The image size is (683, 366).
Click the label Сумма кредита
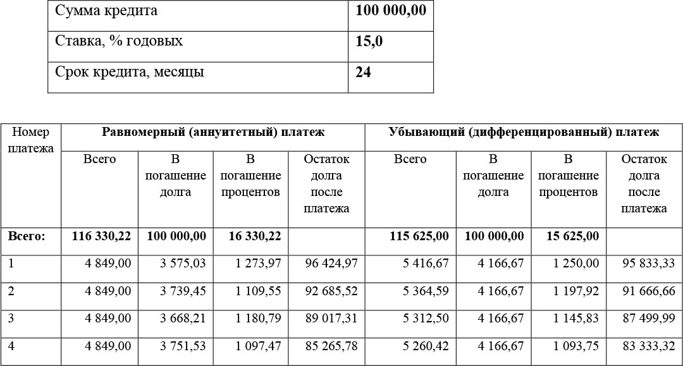click(106, 11)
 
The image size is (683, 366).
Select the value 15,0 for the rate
click(369, 42)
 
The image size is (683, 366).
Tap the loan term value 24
click(363, 72)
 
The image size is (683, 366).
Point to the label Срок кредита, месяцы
click(130, 72)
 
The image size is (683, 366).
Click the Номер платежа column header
click(31, 140)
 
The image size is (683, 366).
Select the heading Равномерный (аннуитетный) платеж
click(213, 132)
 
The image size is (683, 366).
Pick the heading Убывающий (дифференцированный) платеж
click(524, 132)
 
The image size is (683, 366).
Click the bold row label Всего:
click(27, 236)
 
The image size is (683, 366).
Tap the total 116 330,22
click(101, 236)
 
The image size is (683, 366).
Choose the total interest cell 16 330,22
click(252, 236)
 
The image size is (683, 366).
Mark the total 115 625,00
click(419, 236)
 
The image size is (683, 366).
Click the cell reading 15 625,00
click(569, 236)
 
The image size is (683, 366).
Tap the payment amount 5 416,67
click(426, 263)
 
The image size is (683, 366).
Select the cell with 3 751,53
click(183, 346)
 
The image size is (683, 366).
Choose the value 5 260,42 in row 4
click(426, 346)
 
